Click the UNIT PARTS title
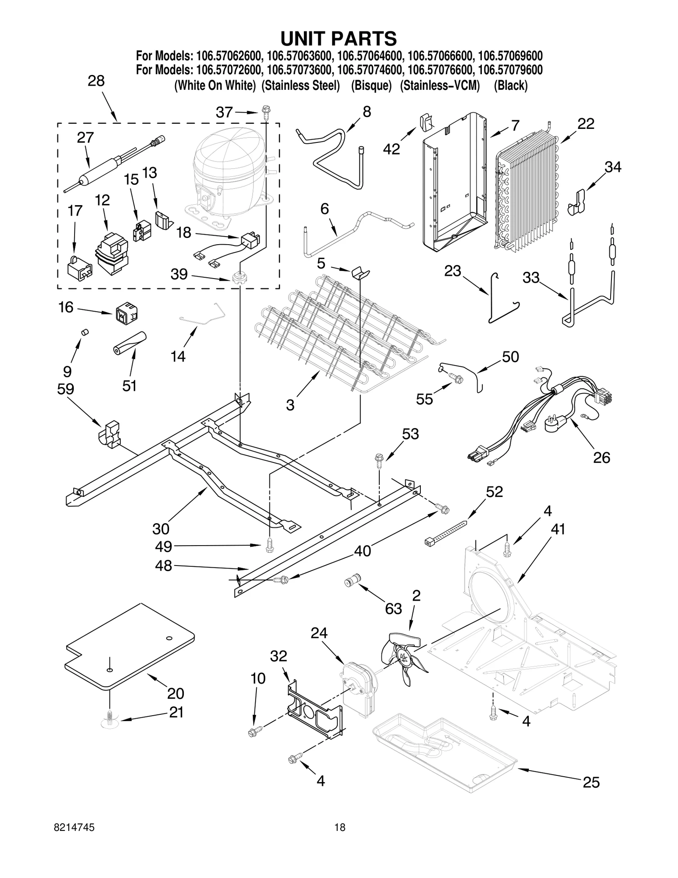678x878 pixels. click(x=339, y=39)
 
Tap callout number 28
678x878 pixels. click(x=96, y=81)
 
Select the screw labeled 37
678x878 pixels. click(x=266, y=113)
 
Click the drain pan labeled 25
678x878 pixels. click(x=445, y=753)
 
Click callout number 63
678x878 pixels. click(x=393, y=609)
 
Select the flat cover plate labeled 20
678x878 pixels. click(x=127, y=649)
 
